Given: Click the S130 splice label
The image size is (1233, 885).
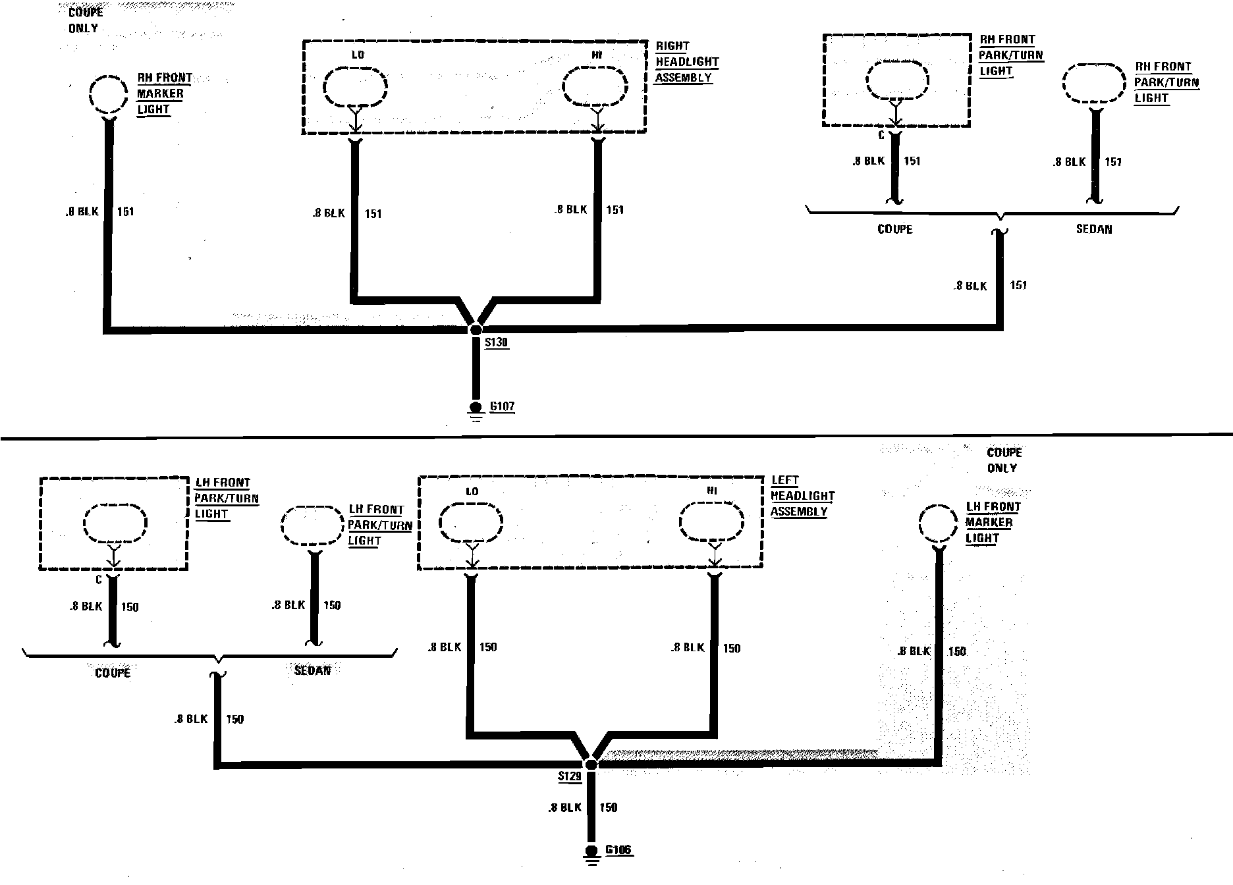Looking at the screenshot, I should point(496,342).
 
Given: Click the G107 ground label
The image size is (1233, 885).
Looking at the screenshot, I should point(502,406).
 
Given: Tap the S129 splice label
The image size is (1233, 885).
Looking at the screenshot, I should point(570,776).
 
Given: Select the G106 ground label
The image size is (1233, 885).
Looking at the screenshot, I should point(618,849).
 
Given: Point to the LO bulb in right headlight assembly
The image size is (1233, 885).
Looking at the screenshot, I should point(355,86).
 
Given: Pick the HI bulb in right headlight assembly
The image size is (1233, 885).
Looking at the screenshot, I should point(596,86).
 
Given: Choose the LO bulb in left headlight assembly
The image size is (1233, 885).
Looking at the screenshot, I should point(470,523).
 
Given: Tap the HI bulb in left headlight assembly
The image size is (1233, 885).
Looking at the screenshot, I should point(712,523).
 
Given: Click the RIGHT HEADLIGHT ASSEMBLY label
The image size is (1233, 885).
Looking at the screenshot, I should point(686,62).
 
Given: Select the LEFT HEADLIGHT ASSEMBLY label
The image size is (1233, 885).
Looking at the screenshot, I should point(802,496).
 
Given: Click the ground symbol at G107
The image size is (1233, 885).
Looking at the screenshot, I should point(475,411).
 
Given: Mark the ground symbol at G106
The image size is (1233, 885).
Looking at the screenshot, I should point(591,854).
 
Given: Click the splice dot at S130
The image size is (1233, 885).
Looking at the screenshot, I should point(476,329).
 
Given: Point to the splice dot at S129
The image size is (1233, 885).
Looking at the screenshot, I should point(591,764).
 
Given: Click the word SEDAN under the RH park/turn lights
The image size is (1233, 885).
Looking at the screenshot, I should point(1093,229).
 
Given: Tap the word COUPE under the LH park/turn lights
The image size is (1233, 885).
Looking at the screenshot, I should point(113,672).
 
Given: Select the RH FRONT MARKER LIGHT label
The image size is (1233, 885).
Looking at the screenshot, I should point(164,94).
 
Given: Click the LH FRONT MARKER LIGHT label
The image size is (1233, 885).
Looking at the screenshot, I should point(993,522).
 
